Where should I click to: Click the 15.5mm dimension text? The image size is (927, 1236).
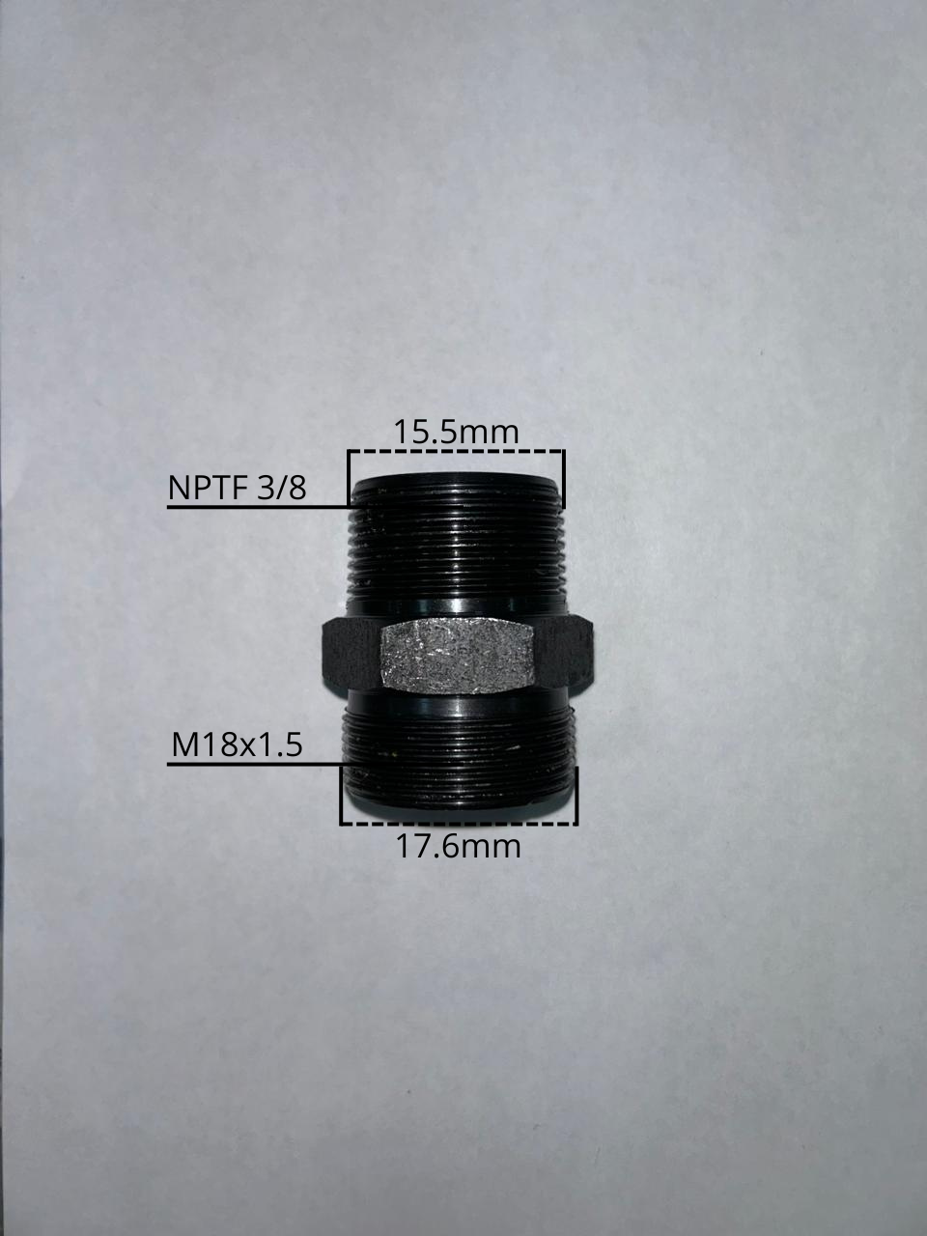pos(456,433)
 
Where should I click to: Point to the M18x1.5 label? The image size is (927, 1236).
pos(237,745)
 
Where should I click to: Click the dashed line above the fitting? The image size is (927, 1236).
pos(456,451)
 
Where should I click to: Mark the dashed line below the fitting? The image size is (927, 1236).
pos(459,825)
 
